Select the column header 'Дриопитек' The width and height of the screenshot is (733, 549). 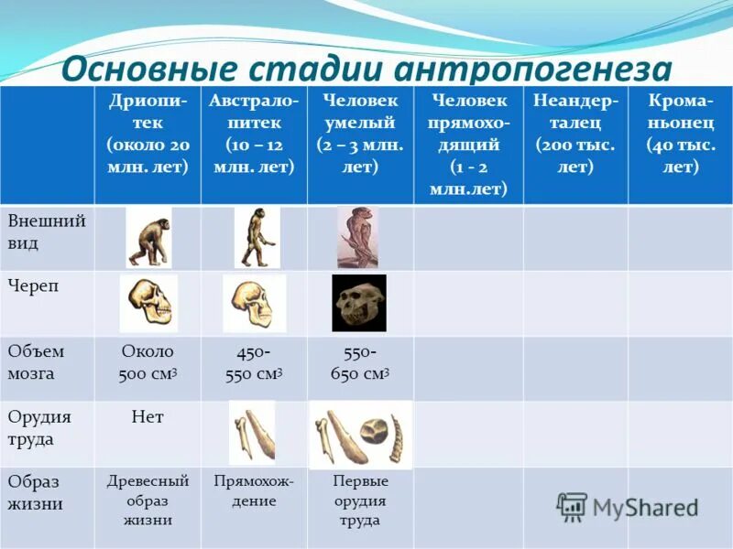pos(148,133)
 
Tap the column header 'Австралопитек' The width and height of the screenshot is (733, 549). pos(254,133)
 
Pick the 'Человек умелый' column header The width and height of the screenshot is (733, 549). pos(360,133)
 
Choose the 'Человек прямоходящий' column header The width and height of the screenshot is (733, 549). pos(466,144)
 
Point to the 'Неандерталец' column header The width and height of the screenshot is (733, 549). pos(575,133)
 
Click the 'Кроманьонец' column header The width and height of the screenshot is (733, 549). pos(681,133)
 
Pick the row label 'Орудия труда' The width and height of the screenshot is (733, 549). pos(39,427)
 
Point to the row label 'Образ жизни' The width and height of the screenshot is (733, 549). pos(36,492)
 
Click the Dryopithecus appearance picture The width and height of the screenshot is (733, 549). pos(148,237)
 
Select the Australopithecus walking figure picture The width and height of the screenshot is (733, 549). pos(256,237)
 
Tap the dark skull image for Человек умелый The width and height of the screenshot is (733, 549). pos(358,303)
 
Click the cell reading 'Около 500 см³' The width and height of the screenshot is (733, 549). pos(148,362)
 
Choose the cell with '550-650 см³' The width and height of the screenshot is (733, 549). pos(360,362)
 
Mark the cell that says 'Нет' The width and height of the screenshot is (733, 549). pos(148,417)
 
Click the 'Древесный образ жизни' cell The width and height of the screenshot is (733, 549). pos(148,501)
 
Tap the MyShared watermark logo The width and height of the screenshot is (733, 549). pos(628,506)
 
